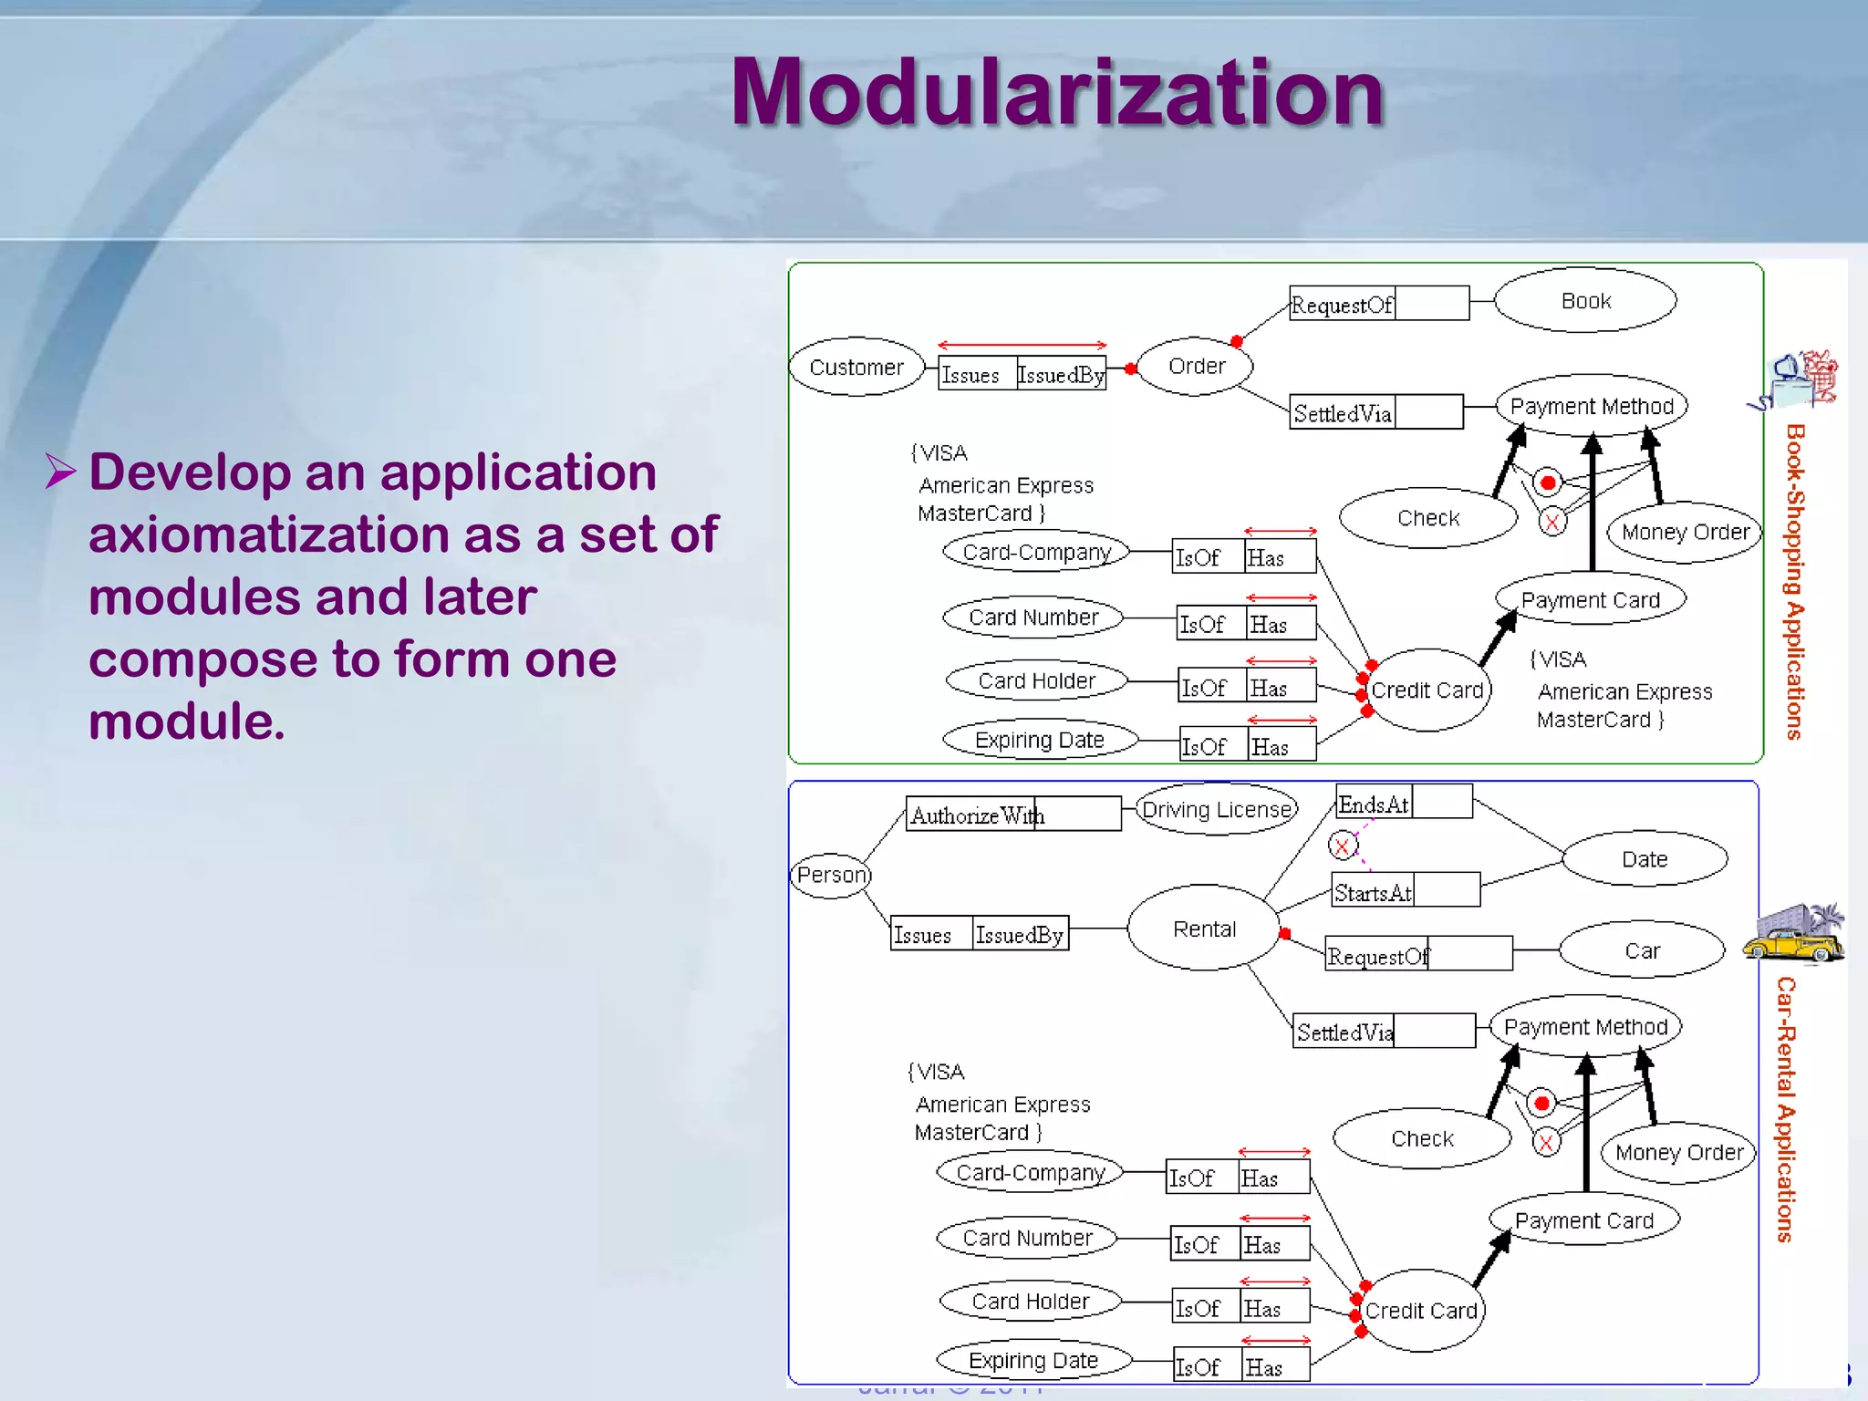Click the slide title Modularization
pos(1058,93)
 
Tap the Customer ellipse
pos(856,367)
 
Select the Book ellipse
pos(1585,301)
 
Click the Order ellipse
pos(1196,366)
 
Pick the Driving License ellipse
pos(1217,809)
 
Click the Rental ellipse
pos(1204,929)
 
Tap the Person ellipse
pos(831,876)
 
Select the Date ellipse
pos(1644,859)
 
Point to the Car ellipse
pos(1642,950)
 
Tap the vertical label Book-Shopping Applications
pos(1794,582)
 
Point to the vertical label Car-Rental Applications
pos(1785,1109)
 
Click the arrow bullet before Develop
pos(61,472)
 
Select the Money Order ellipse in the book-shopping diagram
pos(1685,532)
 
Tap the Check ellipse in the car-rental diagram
pos(1422,1138)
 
